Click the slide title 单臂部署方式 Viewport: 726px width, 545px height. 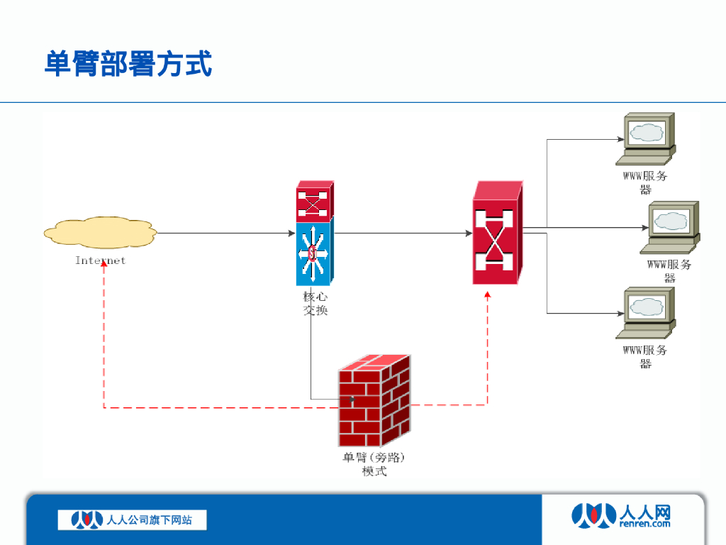(128, 64)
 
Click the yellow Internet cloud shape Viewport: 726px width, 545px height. (99, 232)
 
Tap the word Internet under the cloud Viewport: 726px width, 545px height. (100, 260)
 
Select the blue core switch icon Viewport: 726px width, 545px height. (313, 253)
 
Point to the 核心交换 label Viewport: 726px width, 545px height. (315, 304)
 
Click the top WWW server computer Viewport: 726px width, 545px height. (647, 138)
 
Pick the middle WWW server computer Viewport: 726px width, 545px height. (671, 226)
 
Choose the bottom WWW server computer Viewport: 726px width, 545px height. (647, 313)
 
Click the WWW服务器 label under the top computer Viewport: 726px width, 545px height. (645, 182)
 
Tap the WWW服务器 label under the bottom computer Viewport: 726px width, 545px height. (645, 356)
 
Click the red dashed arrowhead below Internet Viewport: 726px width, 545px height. (104, 264)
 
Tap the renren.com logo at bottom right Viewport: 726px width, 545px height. (620, 515)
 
